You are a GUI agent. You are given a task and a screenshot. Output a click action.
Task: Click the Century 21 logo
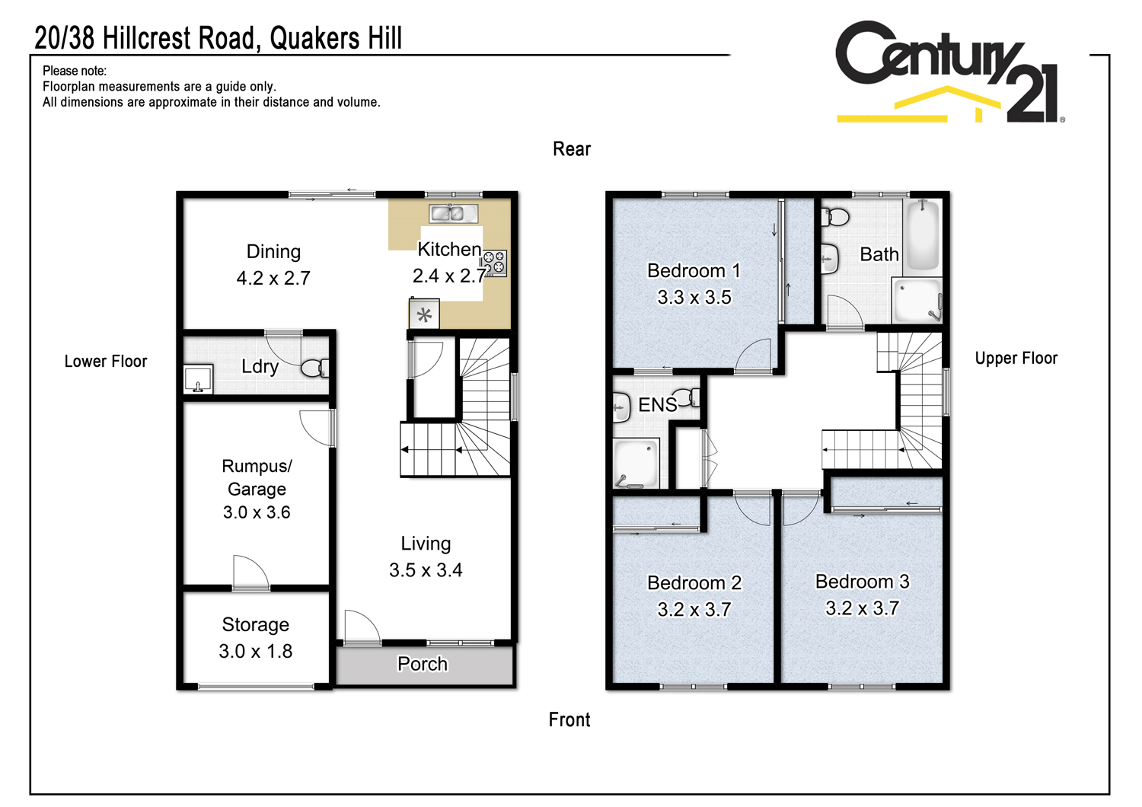(948, 72)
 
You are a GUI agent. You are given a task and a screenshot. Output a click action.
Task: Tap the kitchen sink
(453, 214)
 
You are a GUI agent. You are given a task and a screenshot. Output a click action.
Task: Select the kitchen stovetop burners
(494, 263)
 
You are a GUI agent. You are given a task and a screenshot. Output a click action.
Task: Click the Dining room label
(273, 252)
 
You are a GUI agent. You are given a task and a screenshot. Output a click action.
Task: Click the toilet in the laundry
(314, 368)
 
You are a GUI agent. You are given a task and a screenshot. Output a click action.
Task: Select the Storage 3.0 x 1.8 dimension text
(256, 652)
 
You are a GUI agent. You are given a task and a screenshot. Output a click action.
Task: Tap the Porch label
(423, 665)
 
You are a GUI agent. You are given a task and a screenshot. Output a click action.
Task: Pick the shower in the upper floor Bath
(917, 301)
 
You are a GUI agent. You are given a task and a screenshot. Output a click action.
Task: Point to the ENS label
(657, 405)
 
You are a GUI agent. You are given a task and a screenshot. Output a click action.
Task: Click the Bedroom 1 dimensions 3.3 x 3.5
(694, 298)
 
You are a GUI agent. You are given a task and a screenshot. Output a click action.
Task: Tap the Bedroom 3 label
(862, 582)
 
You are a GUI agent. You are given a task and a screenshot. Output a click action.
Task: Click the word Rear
(572, 149)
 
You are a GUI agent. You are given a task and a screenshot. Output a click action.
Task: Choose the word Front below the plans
(569, 720)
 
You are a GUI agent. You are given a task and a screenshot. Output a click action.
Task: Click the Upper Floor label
(1016, 359)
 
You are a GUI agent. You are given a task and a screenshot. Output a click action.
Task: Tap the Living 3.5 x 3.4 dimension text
(426, 570)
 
